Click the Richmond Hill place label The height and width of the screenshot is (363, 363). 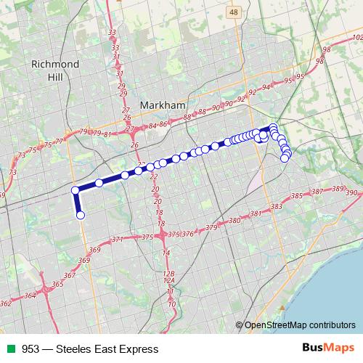(x=54, y=70)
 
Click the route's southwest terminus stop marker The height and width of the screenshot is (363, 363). (x=81, y=215)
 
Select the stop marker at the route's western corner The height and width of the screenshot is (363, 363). (x=75, y=190)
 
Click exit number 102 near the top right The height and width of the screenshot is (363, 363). (x=356, y=37)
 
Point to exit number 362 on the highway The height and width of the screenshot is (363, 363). (x=6, y=303)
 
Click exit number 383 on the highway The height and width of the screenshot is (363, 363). (x=276, y=207)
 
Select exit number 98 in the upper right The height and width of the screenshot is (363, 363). (x=326, y=49)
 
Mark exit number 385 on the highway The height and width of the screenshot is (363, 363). (x=296, y=196)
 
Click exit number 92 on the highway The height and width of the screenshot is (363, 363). (x=253, y=93)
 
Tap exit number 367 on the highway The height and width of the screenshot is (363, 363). (x=70, y=275)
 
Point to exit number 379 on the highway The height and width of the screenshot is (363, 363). (x=211, y=227)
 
